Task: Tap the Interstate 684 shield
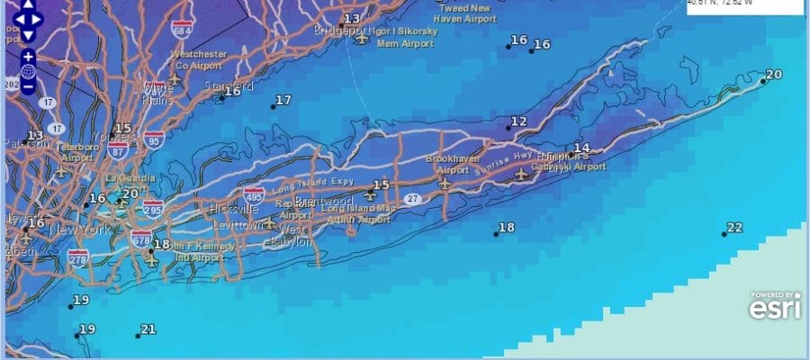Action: pyautogui.click(x=184, y=32)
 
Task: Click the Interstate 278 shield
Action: pyautogui.click(x=78, y=259)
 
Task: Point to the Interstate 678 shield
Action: pyautogui.click(x=141, y=238)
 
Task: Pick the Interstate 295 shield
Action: pyautogui.click(x=153, y=209)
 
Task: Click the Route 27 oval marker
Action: pyautogui.click(x=412, y=199)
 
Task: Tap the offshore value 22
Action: pyautogui.click(x=734, y=228)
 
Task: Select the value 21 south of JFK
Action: pyautogui.click(x=148, y=329)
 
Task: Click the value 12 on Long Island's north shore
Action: pyautogui.click(x=518, y=121)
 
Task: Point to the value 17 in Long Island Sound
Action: pyautogui.click(x=283, y=100)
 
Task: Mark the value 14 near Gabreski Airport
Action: pyautogui.click(x=581, y=148)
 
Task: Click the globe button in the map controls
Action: pyautogui.click(x=28, y=71)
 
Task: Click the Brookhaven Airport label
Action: pyautogui.click(x=447, y=163)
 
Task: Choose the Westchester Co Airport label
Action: pyautogui.click(x=198, y=59)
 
